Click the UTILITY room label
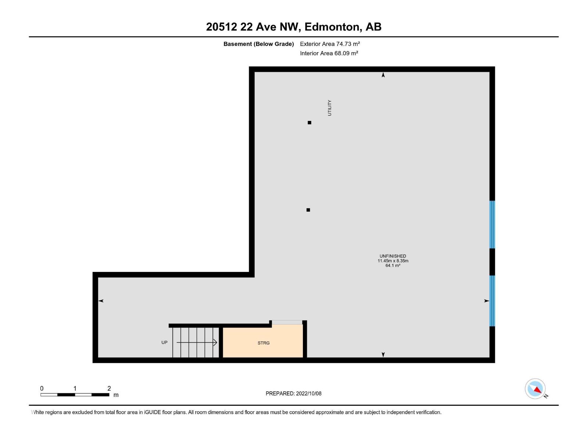[330, 108]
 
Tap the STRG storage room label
[263, 343]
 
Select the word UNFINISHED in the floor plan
[393, 256]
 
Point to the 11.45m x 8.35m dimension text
[393, 261]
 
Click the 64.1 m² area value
[393, 265]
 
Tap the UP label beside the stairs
[164, 343]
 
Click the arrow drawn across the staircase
[197, 343]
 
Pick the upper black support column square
[309, 122]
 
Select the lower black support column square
[308, 210]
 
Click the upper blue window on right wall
[492, 225]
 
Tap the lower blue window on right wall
[492, 301]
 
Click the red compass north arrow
[537, 390]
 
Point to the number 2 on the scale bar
[109, 388]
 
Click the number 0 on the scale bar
[42, 388]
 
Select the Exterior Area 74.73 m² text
[330, 44]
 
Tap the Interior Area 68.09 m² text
[329, 53]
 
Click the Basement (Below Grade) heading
[259, 44]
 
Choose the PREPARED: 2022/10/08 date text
[294, 393]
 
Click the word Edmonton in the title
[332, 27]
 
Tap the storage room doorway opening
[287, 322]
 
